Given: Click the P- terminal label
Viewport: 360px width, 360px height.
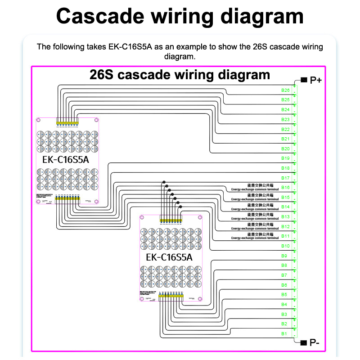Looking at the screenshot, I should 315,343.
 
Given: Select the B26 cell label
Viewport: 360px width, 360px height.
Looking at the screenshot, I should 285,90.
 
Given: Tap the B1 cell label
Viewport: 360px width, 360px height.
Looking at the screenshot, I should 284,333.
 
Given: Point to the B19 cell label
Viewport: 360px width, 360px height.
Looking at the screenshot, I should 285,158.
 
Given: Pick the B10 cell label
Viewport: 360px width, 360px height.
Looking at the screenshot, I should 285,246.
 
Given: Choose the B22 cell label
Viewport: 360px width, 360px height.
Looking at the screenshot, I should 285,129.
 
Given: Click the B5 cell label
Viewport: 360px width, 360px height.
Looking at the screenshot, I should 284,294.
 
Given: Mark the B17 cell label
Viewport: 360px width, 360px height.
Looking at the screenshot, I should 285,178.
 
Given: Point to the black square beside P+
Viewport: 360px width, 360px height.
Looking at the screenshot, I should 304,80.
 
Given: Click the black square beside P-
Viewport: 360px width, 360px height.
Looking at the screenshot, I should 304,343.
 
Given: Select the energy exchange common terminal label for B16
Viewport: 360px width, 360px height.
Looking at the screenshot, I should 255,187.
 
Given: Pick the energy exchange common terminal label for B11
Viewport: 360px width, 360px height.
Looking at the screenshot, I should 255,236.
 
